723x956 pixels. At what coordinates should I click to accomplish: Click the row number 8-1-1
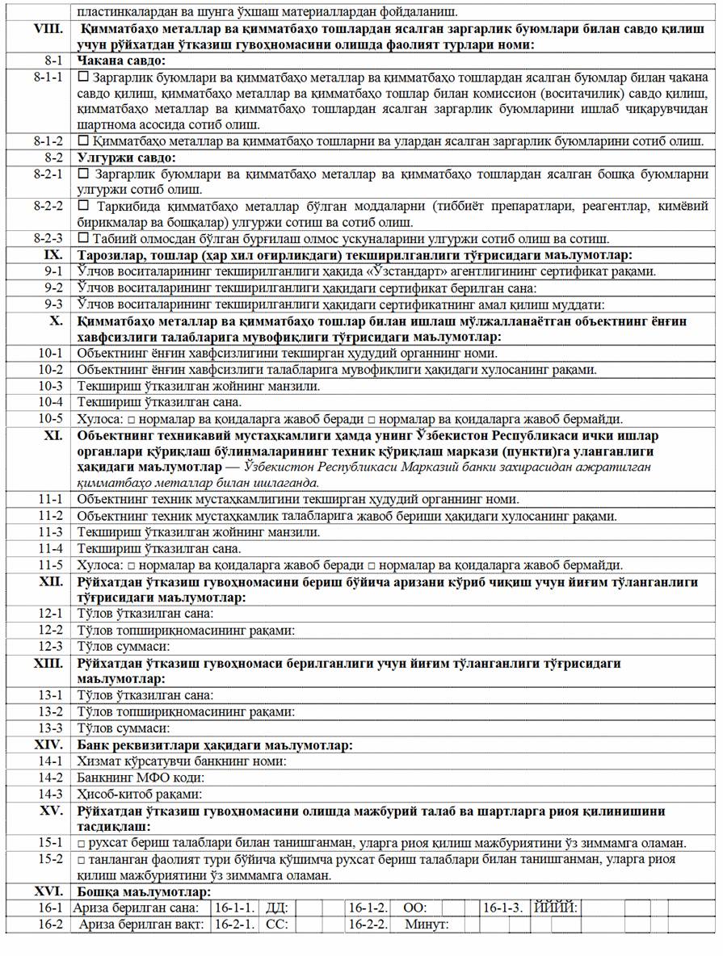pyautogui.click(x=41, y=78)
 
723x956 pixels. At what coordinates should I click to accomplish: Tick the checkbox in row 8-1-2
pyautogui.click(x=83, y=141)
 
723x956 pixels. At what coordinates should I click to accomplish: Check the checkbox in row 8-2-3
pyautogui.click(x=83, y=239)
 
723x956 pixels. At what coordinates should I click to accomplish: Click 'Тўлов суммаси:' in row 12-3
pyautogui.click(x=123, y=647)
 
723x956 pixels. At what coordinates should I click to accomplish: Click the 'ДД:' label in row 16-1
pyautogui.click(x=276, y=908)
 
